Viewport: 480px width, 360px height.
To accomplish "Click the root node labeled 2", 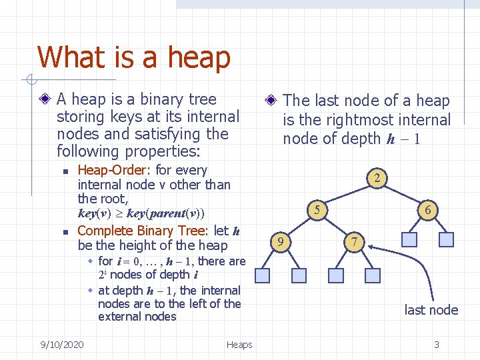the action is (377, 178).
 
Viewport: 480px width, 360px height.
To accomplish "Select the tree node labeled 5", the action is (319, 210).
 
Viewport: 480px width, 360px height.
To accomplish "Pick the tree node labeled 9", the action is (283, 241).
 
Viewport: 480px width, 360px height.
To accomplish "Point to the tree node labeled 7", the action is (355, 241).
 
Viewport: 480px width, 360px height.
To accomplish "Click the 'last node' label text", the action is (431, 310).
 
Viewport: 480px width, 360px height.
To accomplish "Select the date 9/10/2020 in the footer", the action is (61, 345).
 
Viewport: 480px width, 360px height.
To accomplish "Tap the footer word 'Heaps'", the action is (239, 345).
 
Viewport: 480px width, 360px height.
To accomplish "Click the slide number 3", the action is (436, 345).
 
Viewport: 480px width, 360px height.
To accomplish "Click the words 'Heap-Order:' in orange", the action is (115, 171).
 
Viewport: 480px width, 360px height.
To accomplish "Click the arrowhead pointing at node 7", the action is (371, 248).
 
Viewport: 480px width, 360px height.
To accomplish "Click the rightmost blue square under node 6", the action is (447, 239).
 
